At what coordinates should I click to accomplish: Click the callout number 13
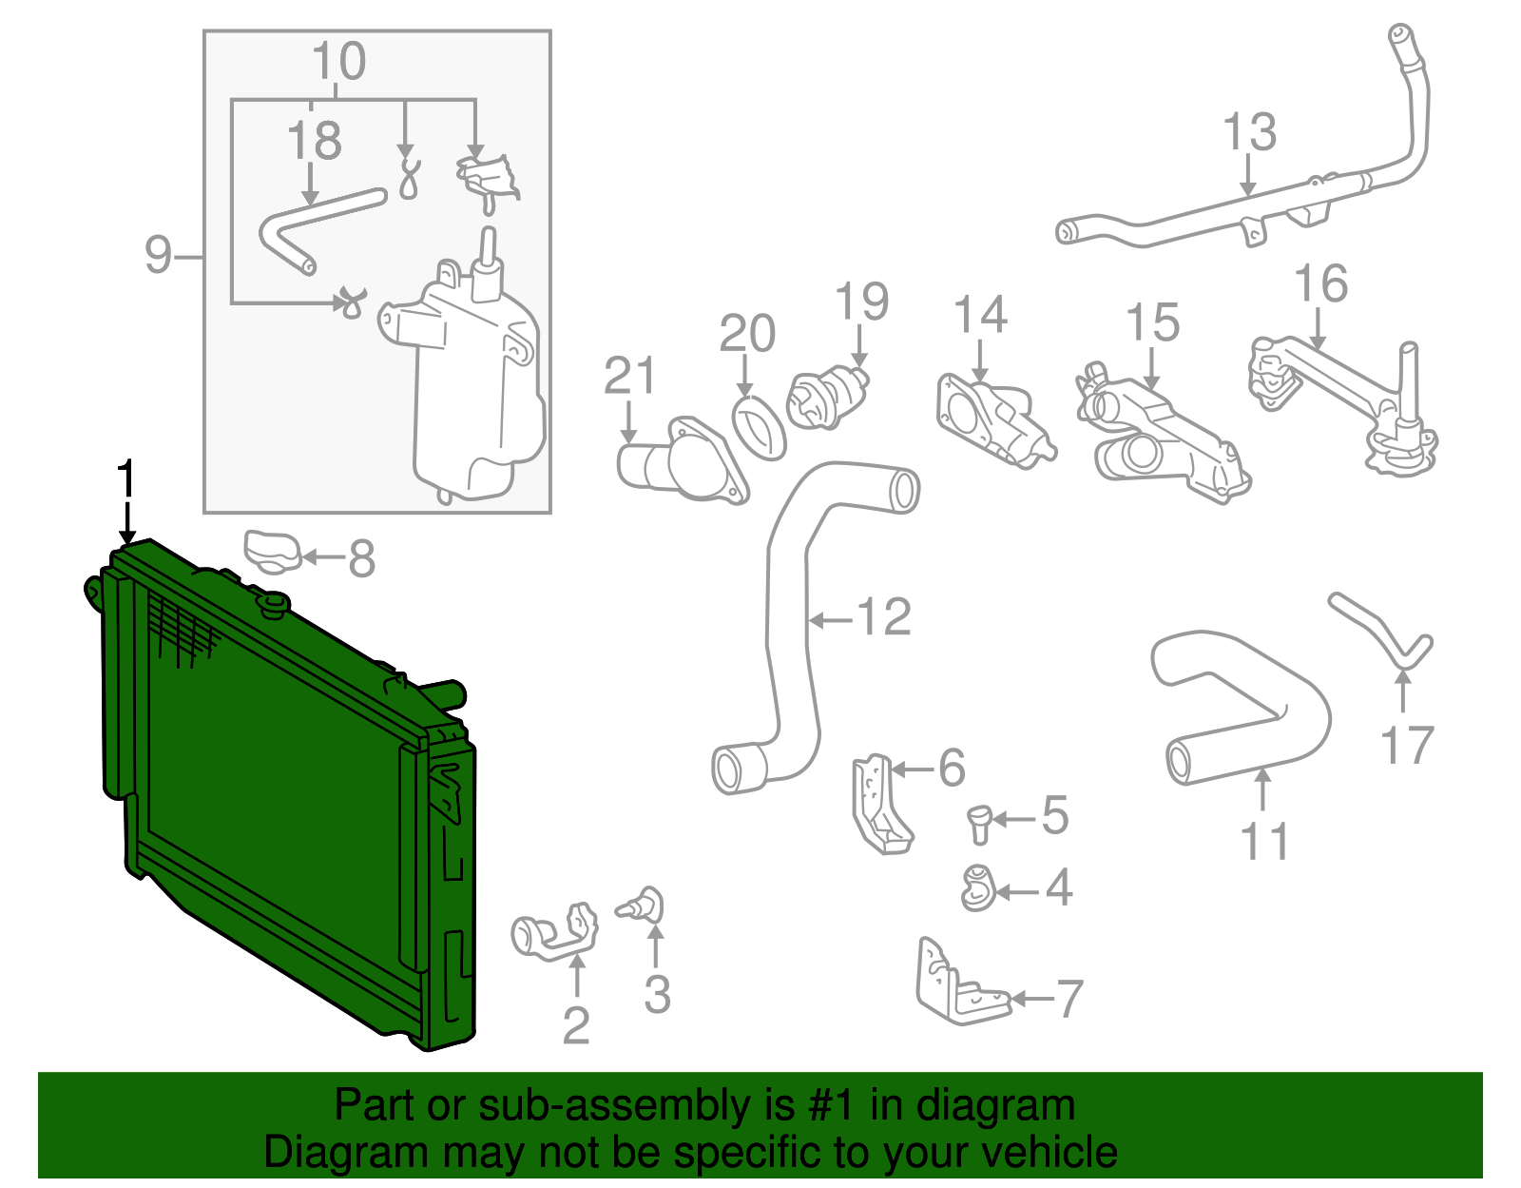[1248, 132]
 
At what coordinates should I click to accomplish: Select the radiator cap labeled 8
[272, 553]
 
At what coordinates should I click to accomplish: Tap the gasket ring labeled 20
[759, 428]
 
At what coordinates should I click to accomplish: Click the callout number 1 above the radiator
[125, 479]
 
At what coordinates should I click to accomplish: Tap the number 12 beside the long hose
[884, 617]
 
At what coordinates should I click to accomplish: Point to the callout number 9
[159, 255]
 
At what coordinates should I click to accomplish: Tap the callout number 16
[1320, 283]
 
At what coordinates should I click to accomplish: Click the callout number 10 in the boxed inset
[338, 62]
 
